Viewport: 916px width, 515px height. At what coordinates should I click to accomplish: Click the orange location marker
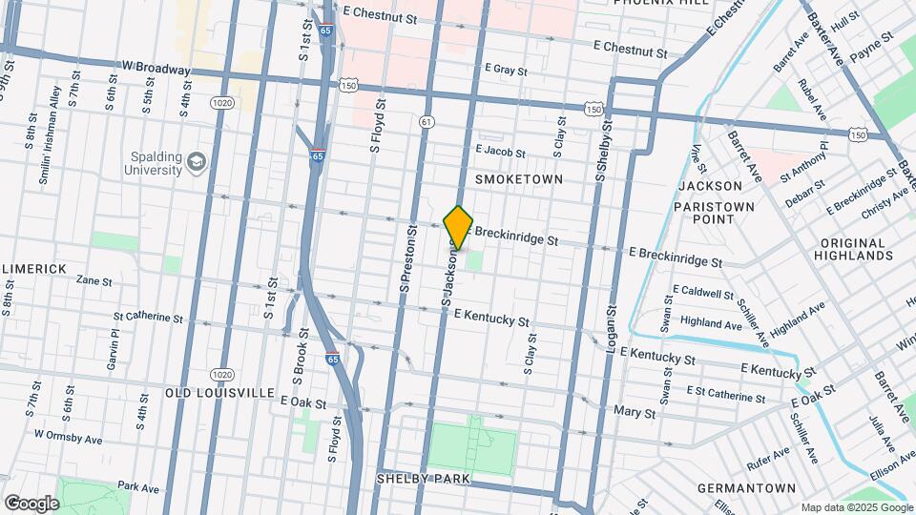[x=458, y=227]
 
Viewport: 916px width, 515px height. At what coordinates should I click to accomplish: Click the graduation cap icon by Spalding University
[x=198, y=162]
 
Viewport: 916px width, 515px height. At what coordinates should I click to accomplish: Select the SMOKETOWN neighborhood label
[x=518, y=179]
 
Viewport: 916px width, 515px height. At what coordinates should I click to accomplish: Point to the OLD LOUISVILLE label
[x=219, y=393]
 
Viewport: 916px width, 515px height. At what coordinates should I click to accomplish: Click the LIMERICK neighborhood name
[x=33, y=269]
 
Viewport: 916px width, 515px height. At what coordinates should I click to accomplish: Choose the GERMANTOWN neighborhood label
[x=746, y=488]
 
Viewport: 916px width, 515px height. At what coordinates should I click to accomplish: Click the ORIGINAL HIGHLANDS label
[x=854, y=249]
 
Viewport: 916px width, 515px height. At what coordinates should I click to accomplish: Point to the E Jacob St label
[x=500, y=152]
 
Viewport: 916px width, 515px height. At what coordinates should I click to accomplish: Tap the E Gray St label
[x=506, y=69]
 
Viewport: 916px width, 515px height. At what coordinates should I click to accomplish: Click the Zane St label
[x=94, y=281]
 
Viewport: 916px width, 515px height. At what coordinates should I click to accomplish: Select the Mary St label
[x=635, y=413]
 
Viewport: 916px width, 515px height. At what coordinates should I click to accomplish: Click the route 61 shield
[x=427, y=121]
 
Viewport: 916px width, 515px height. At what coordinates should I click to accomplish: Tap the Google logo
[x=31, y=503]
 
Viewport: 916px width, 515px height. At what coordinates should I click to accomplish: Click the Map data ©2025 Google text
[x=854, y=506]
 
